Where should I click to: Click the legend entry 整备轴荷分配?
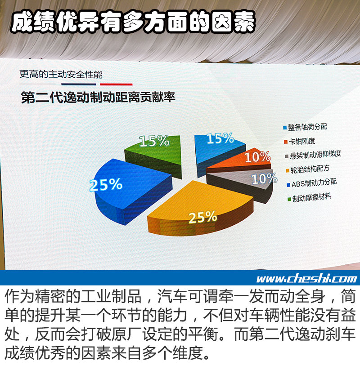(x=305, y=127)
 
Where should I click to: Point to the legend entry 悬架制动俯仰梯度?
(x=313, y=155)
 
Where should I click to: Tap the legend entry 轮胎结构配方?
(x=307, y=169)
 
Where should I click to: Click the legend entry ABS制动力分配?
(x=311, y=183)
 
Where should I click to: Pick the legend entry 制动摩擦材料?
(x=310, y=198)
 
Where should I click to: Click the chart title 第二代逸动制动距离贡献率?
(x=98, y=97)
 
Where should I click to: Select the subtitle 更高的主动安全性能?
(x=61, y=75)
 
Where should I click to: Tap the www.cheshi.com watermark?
(x=306, y=279)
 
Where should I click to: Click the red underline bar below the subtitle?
(x=116, y=84)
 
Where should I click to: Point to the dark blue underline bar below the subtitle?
(x=78, y=84)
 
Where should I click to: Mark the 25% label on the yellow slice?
(x=202, y=218)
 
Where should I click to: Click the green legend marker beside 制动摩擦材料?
(x=289, y=199)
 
